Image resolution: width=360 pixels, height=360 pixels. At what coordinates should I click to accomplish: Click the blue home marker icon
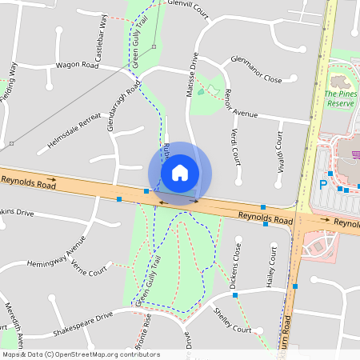(x=180, y=172)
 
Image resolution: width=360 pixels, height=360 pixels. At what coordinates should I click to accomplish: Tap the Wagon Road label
(x=77, y=66)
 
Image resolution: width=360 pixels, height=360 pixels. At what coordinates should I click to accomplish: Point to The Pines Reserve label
(x=339, y=98)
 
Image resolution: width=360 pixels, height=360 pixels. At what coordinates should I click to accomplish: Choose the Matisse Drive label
(x=192, y=74)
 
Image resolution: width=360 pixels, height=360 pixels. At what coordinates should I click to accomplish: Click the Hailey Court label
(x=271, y=270)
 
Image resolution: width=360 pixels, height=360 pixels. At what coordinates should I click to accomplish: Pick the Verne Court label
(x=89, y=266)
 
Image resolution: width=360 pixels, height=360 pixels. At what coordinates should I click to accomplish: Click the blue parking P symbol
(x=324, y=184)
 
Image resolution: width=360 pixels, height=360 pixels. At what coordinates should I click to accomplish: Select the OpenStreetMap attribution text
(x=81, y=354)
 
